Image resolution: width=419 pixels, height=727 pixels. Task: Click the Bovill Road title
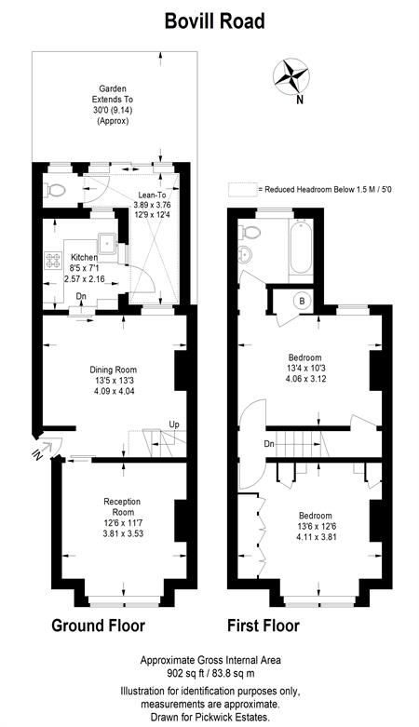[x=215, y=21]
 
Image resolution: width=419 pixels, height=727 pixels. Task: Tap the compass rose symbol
[x=291, y=75]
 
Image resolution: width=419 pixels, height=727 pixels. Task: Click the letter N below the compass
[x=300, y=99]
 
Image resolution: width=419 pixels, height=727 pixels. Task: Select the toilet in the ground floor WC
[x=55, y=191]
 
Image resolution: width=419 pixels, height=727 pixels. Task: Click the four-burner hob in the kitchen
[x=53, y=260]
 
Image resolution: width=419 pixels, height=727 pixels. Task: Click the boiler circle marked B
[x=303, y=302]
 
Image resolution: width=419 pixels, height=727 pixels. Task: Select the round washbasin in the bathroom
[x=245, y=254]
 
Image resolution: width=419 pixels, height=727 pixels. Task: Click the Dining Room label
[x=114, y=370]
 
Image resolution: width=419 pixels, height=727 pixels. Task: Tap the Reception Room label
[x=123, y=506]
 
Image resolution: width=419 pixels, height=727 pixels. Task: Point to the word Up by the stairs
[x=174, y=424]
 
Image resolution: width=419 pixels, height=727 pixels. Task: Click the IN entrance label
[x=37, y=455]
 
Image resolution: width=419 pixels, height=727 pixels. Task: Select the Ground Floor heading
[x=98, y=626]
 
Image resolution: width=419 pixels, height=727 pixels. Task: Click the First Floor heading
[x=264, y=626]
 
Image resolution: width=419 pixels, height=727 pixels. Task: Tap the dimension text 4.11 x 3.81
[x=316, y=537]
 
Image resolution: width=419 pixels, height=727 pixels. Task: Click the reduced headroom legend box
[x=242, y=189]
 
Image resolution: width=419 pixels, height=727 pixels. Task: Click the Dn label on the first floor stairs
[x=269, y=444]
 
